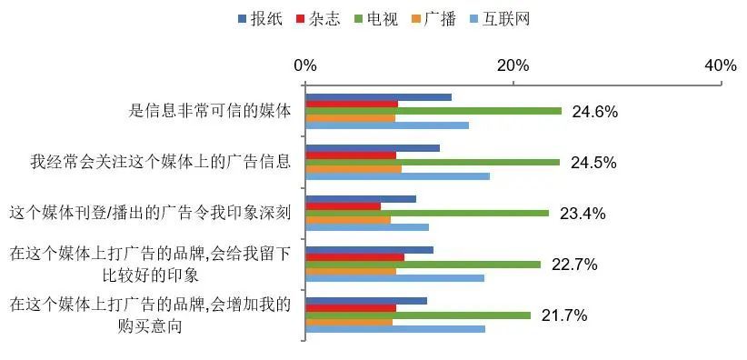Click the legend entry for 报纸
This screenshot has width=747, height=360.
point(259,19)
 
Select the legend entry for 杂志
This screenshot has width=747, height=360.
point(316,19)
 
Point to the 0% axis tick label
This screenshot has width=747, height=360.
point(305,65)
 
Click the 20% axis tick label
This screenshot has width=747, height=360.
point(513,65)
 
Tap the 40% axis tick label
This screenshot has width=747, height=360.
point(721,65)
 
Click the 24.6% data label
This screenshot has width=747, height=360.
point(595,112)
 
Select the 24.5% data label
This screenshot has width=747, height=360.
point(594,163)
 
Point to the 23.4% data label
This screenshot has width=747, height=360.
point(583,214)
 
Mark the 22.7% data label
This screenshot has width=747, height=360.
point(574,265)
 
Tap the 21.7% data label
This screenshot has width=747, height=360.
point(564,315)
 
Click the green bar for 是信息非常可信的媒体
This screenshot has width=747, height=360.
point(433,111)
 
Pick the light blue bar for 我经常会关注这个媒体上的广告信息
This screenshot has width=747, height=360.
point(397,176)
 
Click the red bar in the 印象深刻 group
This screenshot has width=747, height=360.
point(343,206)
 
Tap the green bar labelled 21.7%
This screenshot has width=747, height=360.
point(418,315)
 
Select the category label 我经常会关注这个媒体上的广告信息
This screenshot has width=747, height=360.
point(160,163)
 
